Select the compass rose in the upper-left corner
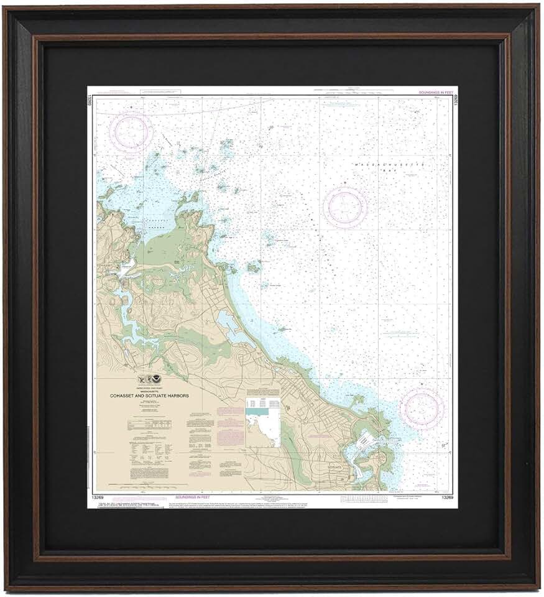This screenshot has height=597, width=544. point(131,131)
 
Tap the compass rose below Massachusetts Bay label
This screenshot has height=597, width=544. point(346,207)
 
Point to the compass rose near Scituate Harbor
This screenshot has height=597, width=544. point(422,409)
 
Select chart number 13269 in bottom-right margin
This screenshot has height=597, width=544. point(446,497)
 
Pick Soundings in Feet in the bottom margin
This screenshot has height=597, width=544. point(196,497)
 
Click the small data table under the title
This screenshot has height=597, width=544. point(147,425)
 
